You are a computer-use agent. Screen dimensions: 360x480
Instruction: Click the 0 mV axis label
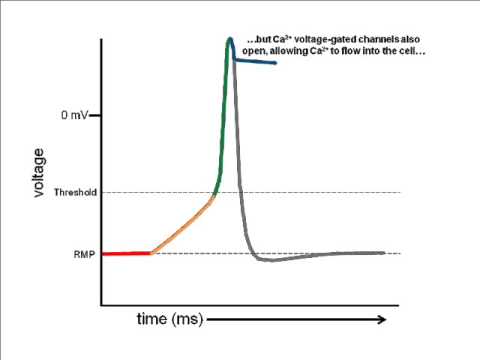(x=73, y=116)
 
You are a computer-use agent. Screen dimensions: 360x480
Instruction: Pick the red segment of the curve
(x=125, y=254)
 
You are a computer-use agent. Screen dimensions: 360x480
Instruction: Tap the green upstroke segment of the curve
(x=222, y=130)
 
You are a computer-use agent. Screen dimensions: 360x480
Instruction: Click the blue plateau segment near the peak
(x=254, y=62)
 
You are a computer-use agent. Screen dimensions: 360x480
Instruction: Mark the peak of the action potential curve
(x=230, y=39)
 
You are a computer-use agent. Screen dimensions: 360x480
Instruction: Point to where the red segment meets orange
(x=150, y=253)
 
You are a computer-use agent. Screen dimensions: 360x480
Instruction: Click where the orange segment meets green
(x=212, y=199)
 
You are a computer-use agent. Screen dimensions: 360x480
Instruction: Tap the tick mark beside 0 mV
(x=97, y=116)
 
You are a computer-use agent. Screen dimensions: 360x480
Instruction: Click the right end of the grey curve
(x=384, y=253)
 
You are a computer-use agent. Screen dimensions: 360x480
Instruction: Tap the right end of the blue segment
(x=275, y=63)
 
